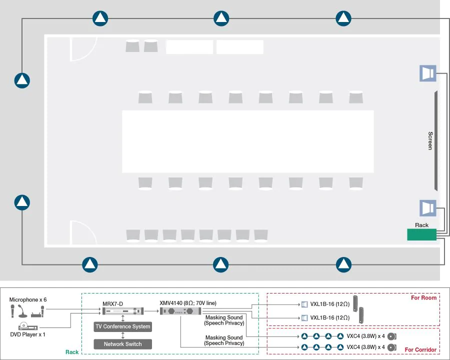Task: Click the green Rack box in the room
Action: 421,234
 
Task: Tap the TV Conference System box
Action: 123,326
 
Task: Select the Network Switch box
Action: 123,344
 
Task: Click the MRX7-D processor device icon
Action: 123,311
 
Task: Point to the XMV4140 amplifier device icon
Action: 180,311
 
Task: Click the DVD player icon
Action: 28,326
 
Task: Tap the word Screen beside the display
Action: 430,140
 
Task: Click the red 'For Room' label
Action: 423,297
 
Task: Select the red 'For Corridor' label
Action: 420,349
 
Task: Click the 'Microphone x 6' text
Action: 28,299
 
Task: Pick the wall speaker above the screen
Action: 428,73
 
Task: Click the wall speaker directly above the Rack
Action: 428,208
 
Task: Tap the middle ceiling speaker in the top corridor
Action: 221,18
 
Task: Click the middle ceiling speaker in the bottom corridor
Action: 220,264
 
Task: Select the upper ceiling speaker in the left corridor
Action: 22,80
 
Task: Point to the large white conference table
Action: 248,141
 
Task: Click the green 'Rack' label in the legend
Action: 71,352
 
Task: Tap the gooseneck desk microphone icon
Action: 22,311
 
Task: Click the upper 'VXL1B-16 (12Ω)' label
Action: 330,304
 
